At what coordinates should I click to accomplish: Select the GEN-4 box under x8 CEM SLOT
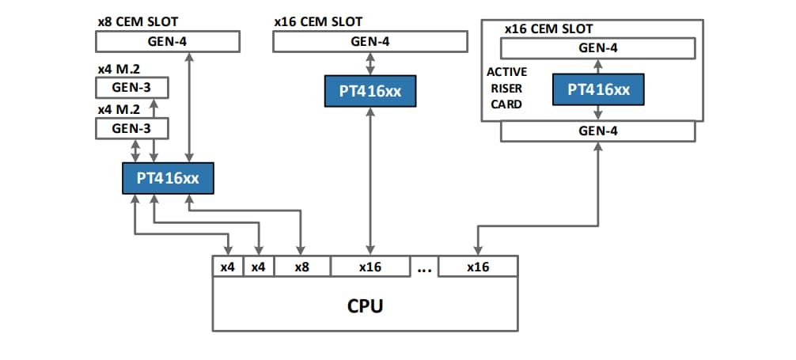[167, 41]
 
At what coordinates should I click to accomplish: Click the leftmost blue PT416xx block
[167, 178]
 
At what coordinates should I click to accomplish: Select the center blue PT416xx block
[370, 92]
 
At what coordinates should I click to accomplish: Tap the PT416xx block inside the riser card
[598, 89]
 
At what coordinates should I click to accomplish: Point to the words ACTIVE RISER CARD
[506, 88]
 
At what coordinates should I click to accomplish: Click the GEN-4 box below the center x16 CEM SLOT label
[370, 41]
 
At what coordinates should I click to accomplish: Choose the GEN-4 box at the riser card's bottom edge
[597, 131]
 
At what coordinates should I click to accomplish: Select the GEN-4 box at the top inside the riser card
[598, 47]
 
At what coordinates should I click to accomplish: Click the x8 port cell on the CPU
[301, 267]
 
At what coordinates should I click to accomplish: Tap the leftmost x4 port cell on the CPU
[227, 267]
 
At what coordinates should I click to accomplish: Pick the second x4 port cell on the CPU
[258, 267]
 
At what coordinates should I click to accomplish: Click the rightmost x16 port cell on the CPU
[477, 267]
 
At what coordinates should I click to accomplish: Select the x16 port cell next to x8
[370, 267]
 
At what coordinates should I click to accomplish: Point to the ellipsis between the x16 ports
[423, 268]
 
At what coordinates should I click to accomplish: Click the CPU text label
[365, 305]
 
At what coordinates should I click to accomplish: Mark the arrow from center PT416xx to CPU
[370, 182]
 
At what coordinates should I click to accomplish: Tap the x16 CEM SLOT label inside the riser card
[548, 29]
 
